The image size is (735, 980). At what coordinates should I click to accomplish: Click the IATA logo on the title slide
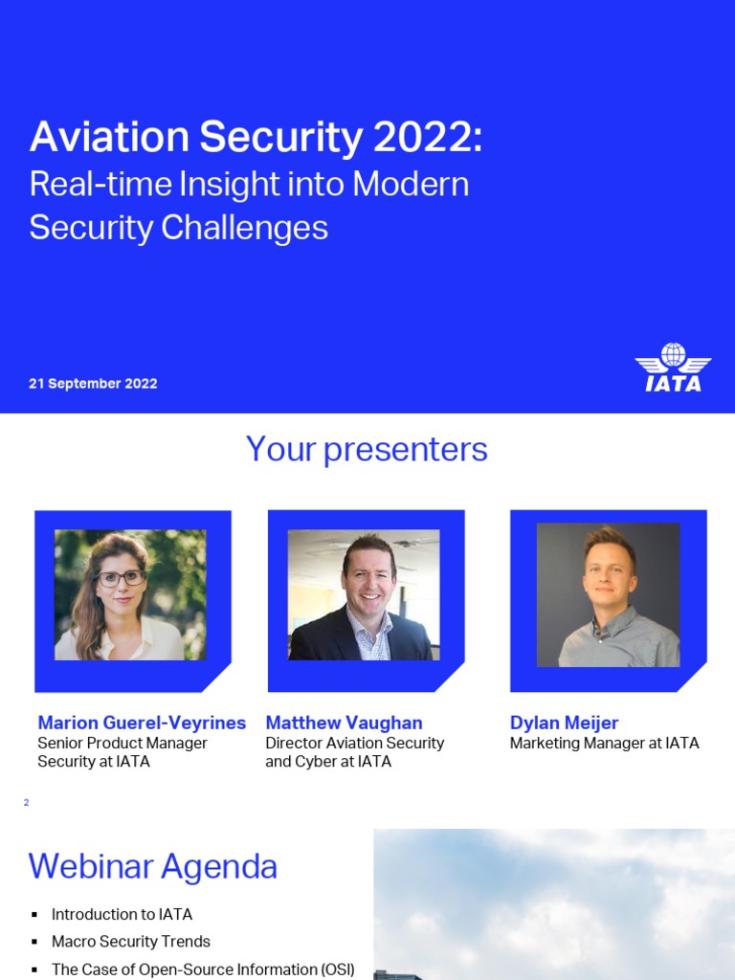[x=673, y=367]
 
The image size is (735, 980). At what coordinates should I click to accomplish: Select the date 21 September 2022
[x=93, y=384]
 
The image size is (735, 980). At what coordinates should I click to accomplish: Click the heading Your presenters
[x=367, y=449]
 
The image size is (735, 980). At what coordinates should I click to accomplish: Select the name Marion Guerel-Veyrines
[x=142, y=723]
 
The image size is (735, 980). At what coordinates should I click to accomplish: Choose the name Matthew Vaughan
[x=344, y=723]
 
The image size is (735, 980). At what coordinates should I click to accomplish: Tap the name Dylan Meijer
[x=564, y=723]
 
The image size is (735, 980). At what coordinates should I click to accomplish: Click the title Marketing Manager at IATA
[x=604, y=744]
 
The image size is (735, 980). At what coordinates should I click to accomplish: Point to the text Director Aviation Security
[x=354, y=744]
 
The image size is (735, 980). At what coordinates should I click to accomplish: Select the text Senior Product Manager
[x=122, y=744]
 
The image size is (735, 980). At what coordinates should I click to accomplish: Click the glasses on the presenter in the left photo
[x=121, y=578]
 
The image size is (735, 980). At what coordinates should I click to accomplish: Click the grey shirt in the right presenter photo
[x=612, y=641]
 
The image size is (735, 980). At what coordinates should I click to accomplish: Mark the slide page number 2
[x=26, y=803]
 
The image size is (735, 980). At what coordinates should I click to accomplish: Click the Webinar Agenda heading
[x=152, y=867]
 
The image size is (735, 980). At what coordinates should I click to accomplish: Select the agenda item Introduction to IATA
[x=122, y=915]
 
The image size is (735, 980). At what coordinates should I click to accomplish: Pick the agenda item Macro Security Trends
[x=130, y=942]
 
